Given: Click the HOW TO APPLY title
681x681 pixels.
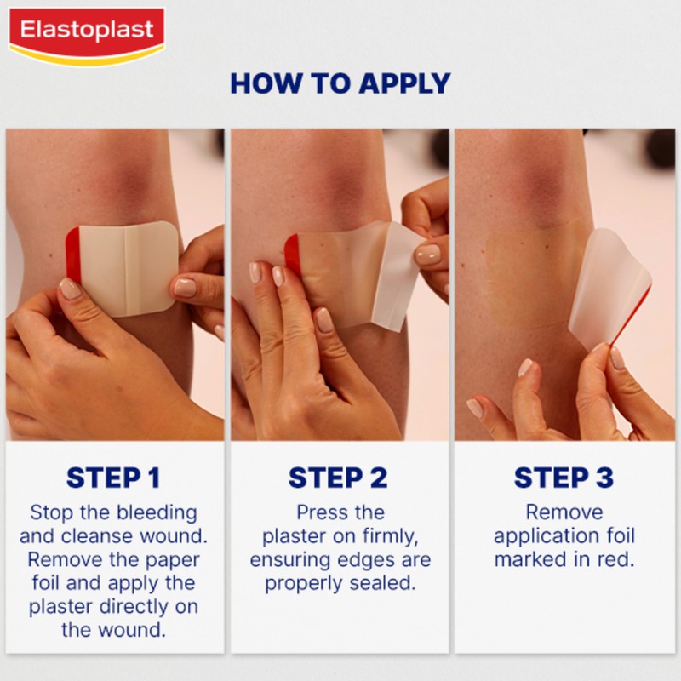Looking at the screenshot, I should (x=340, y=83).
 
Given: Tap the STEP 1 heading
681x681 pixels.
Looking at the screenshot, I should (x=113, y=478).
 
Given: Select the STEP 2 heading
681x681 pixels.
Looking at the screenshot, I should (x=339, y=478).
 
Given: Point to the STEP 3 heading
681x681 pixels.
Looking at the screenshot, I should (x=564, y=478).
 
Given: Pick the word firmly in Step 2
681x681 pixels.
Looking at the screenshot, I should (x=386, y=537).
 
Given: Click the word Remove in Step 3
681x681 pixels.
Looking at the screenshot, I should (x=564, y=513).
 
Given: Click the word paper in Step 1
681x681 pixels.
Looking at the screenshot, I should (x=168, y=560).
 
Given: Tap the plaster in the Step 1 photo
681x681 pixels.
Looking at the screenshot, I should (x=128, y=268).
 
